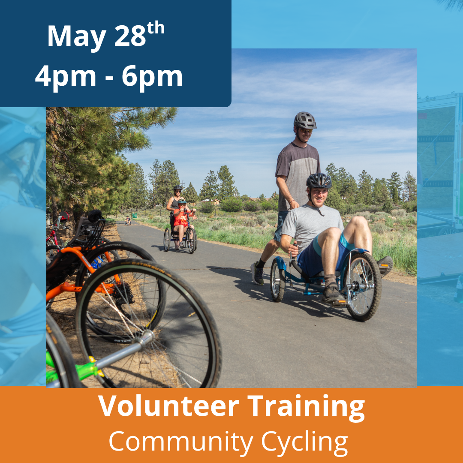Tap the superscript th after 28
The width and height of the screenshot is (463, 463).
coord(155,28)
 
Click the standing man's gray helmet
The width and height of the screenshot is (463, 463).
coord(305,120)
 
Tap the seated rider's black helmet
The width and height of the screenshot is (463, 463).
coord(319,181)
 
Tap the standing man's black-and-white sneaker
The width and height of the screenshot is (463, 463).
coord(257,274)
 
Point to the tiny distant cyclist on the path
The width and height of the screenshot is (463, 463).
coord(128,220)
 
